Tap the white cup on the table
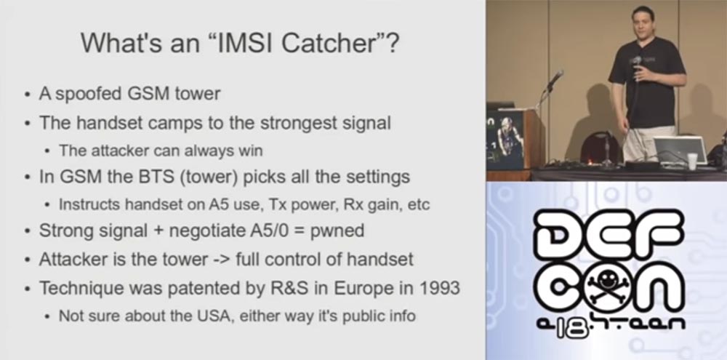692,161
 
